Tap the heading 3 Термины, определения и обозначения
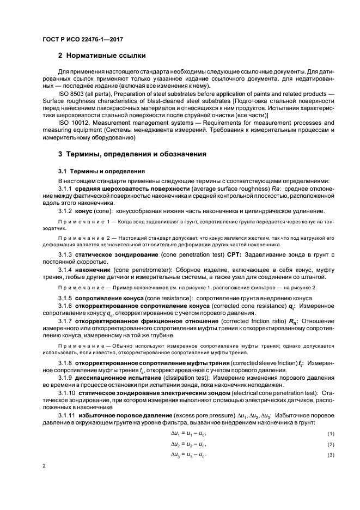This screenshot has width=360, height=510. (132, 154)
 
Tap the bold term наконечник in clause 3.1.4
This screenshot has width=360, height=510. (93, 270)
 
